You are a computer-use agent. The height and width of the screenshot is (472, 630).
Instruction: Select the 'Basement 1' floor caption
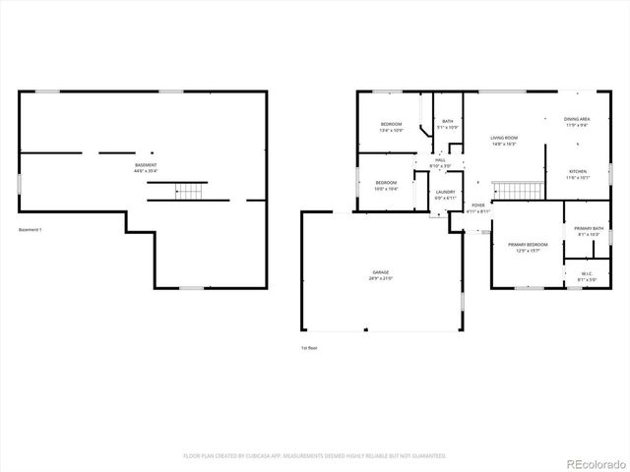coord(31,230)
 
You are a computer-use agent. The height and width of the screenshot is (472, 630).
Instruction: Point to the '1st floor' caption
coord(309,348)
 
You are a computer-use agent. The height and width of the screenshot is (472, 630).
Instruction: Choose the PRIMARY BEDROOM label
coord(528,246)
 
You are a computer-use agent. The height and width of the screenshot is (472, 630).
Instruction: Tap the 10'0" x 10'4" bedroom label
coord(385,185)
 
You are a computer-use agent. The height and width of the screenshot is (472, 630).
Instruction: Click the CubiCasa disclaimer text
coord(315,455)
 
